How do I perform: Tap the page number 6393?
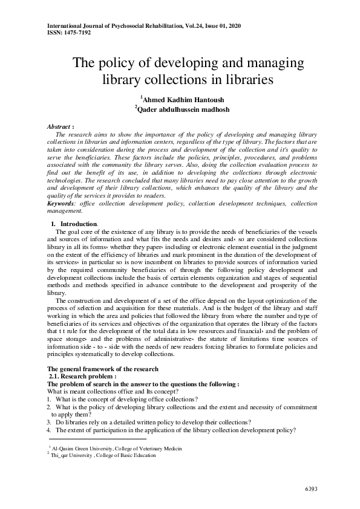[x=310, y=488]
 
